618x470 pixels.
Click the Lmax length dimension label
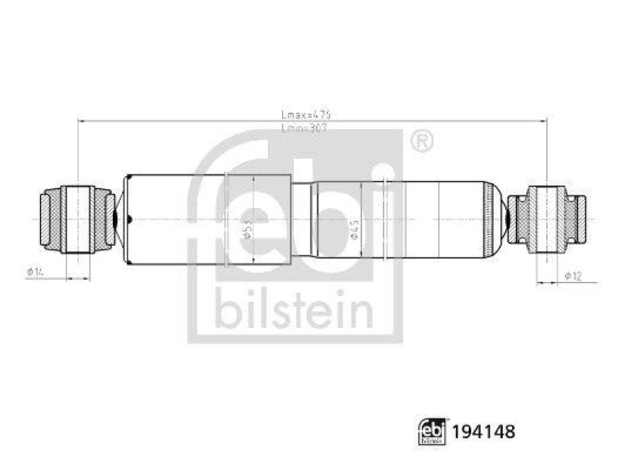(306, 114)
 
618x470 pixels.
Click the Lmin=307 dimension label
(306, 128)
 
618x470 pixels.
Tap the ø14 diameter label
(36, 271)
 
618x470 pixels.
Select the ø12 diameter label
(572, 276)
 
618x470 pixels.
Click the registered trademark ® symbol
(420, 141)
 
